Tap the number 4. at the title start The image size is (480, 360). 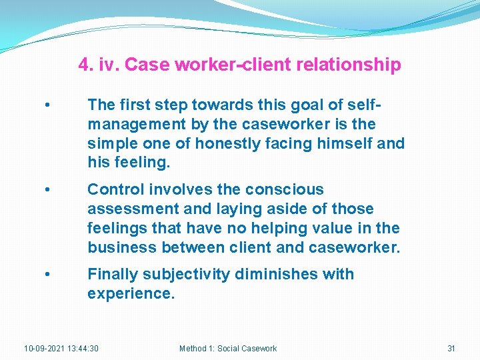tap(85, 65)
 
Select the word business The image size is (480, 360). tap(120, 248)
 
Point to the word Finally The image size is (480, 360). tap(112, 274)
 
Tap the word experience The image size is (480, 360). tap(131, 293)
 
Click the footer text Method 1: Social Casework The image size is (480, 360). tap(228, 349)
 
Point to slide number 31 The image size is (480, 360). tap(451, 349)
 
